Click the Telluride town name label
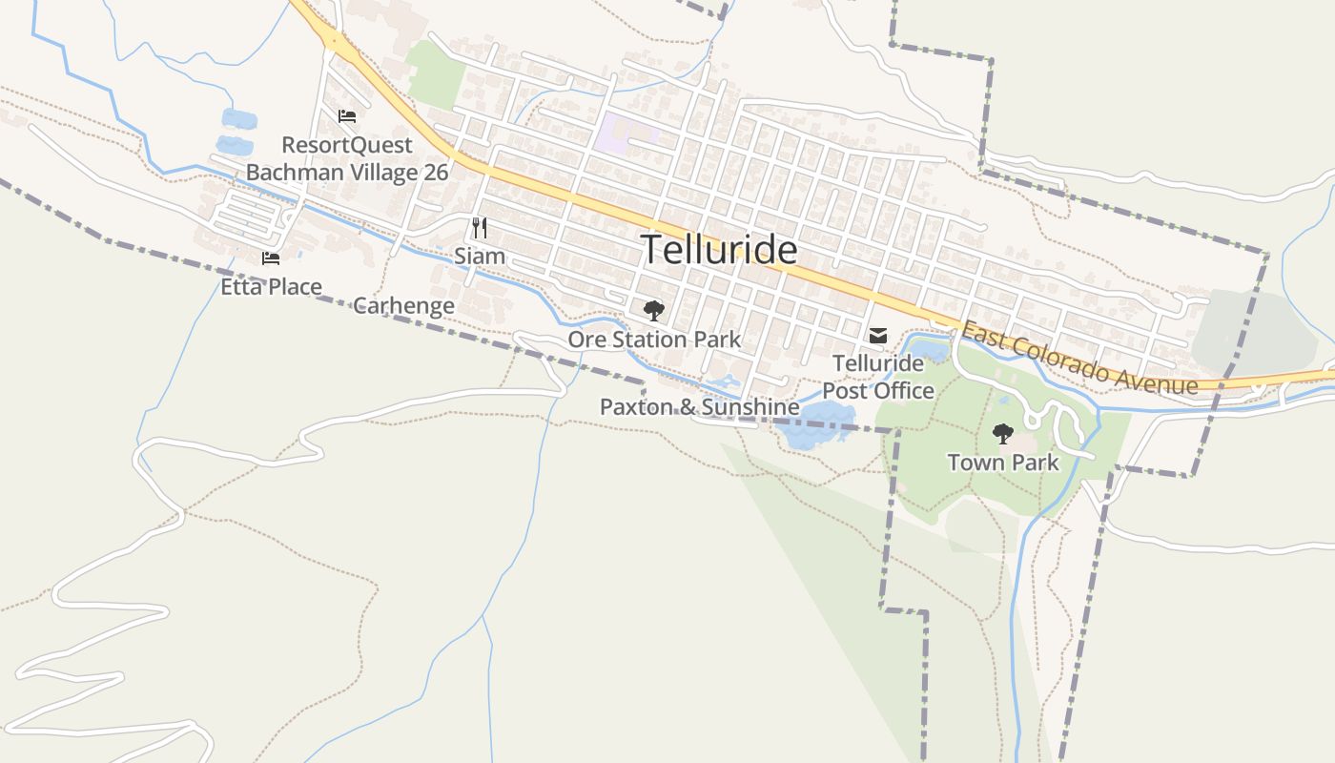click(x=719, y=250)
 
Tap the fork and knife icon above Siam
click(x=480, y=228)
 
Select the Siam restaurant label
click(x=480, y=257)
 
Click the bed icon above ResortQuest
click(x=347, y=116)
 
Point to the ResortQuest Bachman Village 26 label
click(x=347, y=159)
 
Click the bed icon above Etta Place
click(x=271, y=258)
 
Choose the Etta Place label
click(x=271, y=286)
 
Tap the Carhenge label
click(x=403, y=306)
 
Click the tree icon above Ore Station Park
click(x=653, y=310)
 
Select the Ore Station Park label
click(x=654, y=340)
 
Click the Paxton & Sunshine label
click(x=699, y=407)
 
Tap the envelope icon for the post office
click(x=878, y=336)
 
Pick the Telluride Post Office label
click(x=878, y=377)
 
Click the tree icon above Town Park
click(x=1002, y=434)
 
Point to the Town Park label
click(x=1002, y=464)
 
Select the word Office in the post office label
click(x=905, y=391)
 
